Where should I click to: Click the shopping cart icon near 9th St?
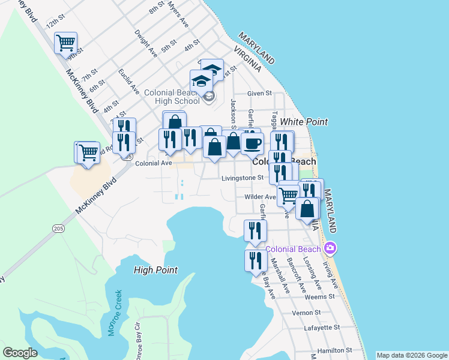click(65, 43)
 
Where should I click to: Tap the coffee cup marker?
click(252, 143)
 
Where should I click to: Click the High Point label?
click(155, 271)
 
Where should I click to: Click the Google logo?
click(20, 353)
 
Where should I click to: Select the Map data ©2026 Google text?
click(411, 355)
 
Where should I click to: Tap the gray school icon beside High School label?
click(208, 97)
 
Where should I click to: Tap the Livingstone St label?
click(242, 178)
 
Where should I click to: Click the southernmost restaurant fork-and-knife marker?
click(256, 261)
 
